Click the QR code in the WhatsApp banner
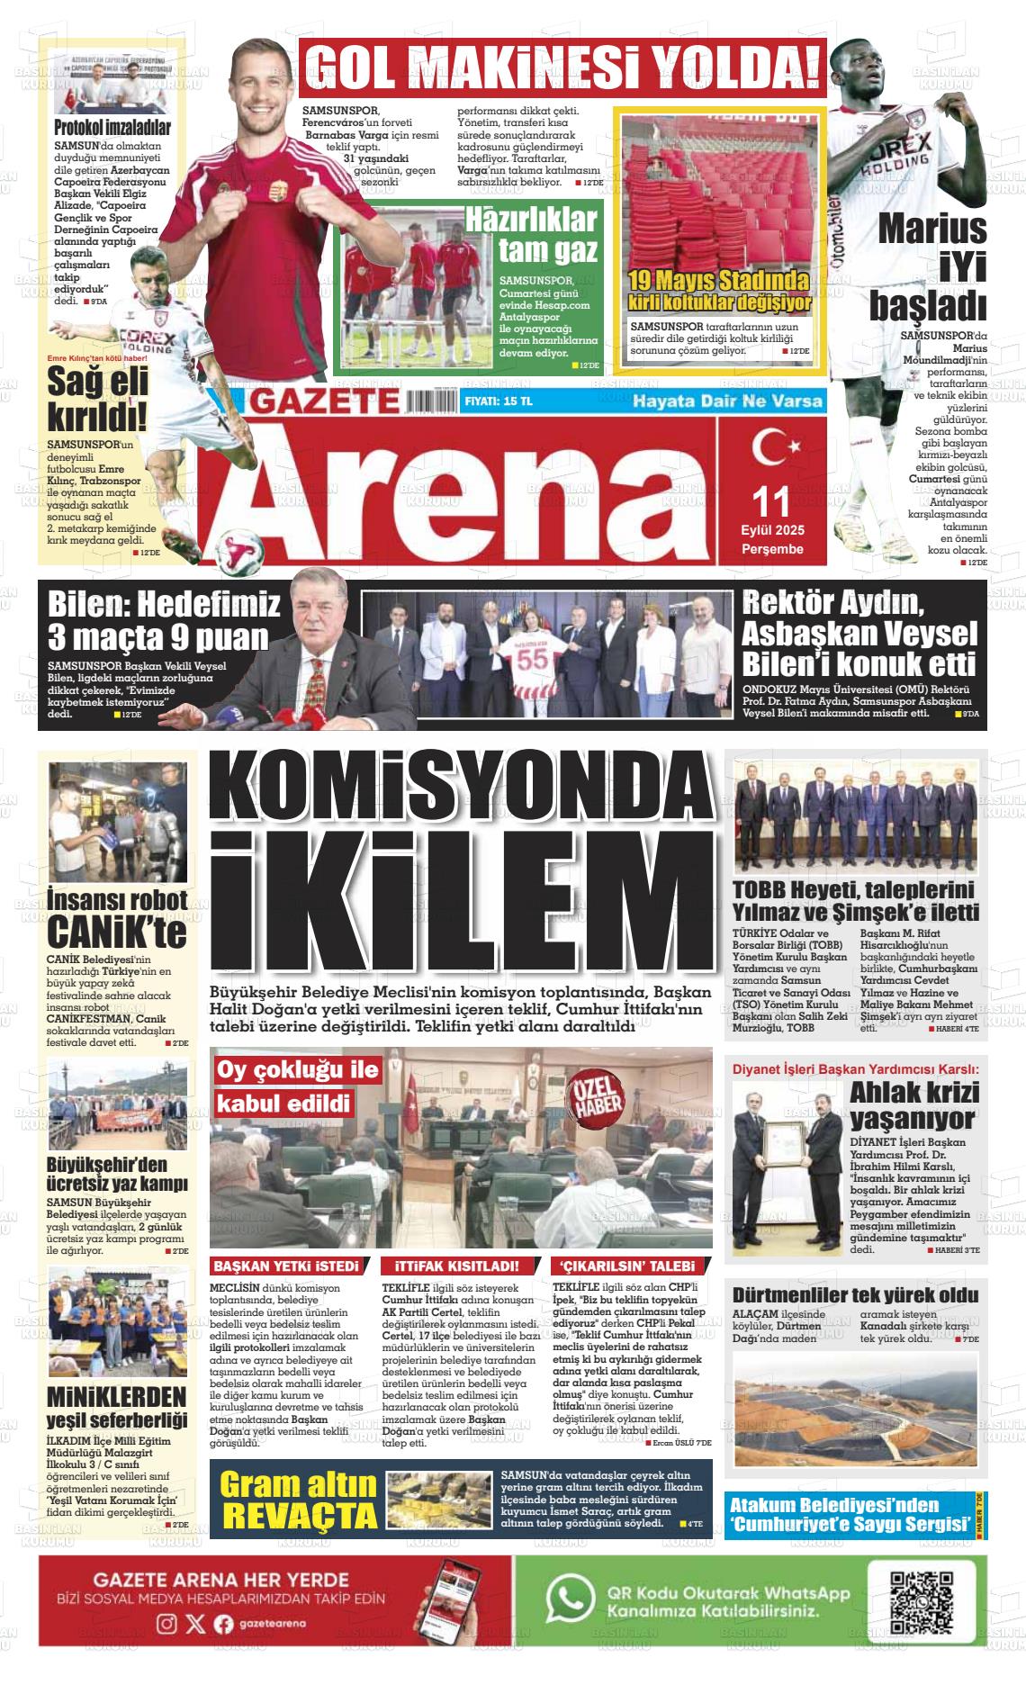click(921, 1602)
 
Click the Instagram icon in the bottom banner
click(166, 1624)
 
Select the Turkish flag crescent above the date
click(770, 447)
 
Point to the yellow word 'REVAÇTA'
click(300, 1513)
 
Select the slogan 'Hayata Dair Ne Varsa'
click(727, 401)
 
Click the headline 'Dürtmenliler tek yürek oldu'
click(854, 1295)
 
